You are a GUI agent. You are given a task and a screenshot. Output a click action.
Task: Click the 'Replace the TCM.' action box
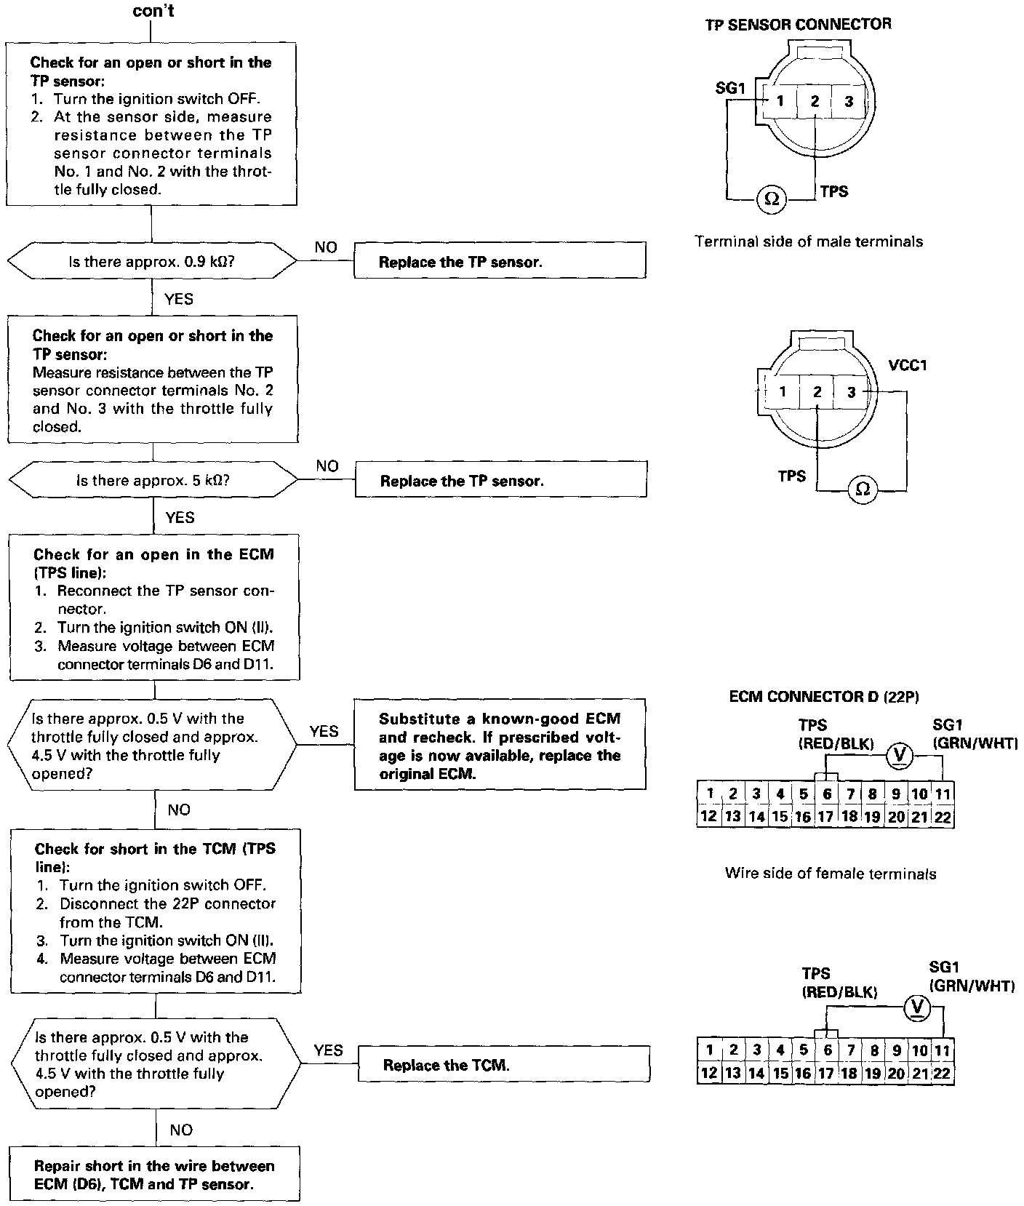pyautogui.click(x=503, y=1066)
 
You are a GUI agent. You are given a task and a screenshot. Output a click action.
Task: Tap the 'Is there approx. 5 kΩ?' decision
pyautogui.click(x=153, y=481)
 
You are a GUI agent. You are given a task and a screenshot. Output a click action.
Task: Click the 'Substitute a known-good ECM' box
pyautogui.click(x=500, y=746)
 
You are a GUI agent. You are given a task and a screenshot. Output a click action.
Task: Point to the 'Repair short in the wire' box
pyautogui.click(x=154, y=1175)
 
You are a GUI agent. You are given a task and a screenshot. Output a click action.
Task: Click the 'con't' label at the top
pyautogui.click(x=153, y=11)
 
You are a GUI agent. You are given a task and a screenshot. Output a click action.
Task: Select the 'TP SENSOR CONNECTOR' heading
pyautogui.click(x=798, y=25)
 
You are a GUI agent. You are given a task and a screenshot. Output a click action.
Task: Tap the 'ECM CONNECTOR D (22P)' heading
pyautogui.click(x=824, y=697)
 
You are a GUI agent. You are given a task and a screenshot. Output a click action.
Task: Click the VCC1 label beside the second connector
pyautogui.click(x=908, y=365)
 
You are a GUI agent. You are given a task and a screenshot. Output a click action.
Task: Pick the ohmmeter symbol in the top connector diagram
pyautogui.click(x=772, y=199)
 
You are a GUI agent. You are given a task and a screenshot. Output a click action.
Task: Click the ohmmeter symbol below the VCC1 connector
pyautogui.click(x=863, y=490)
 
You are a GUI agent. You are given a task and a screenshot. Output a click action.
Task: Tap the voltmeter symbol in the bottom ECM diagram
pyautogui.click(x=918, y=1007)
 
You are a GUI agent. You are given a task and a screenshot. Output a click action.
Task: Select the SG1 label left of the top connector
pyautogui.click(x=731, y=88)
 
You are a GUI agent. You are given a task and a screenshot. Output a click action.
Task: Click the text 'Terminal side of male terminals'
pyautogui.click(x=809, y=241)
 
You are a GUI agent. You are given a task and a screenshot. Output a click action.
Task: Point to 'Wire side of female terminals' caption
pyautogui.click(x=831, y=874)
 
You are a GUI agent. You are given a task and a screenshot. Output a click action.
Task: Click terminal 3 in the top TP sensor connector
pyautogui.click(x=849, y=102)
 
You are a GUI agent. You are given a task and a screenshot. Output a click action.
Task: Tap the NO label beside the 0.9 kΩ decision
pyautogui.click(x=326, y=247)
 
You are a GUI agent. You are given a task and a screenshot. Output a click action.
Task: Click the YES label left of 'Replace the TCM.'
pyautogui.click(x=328, y=1050)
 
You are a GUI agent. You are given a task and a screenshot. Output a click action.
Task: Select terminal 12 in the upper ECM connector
pyautogui.click(x=708, y=816)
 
